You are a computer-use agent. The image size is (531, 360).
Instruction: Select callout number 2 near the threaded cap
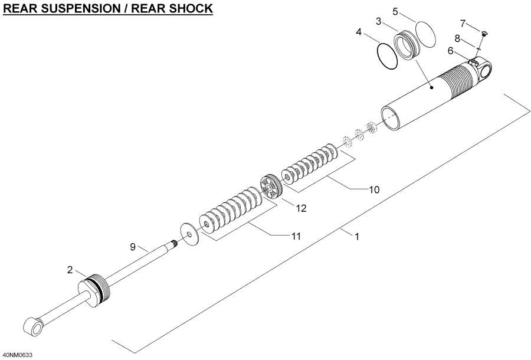pyautogui.click(x=70, y=270)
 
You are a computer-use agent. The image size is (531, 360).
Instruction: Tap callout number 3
pyautogui.click(x=379, y=22)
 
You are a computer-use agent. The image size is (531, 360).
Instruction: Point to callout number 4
pyautogui.click(x=358, y=33)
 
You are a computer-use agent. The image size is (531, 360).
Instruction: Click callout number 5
pyautogui.click(x=396, y=11)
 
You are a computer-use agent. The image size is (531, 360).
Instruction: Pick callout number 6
pyautogui.click(x=450, y=51)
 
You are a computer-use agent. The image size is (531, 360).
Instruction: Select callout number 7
pyautogui.click(x=463, y=23)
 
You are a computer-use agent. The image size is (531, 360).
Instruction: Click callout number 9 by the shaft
pyautogui.click(x=133, y=246)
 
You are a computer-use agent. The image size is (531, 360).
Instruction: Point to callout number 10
pyautogui.click(x=373, y=189)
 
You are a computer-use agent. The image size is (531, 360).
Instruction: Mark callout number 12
pyautogui.click(x=301, y=208)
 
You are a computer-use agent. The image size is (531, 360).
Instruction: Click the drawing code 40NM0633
pyautogui.click(x=18, y=355)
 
